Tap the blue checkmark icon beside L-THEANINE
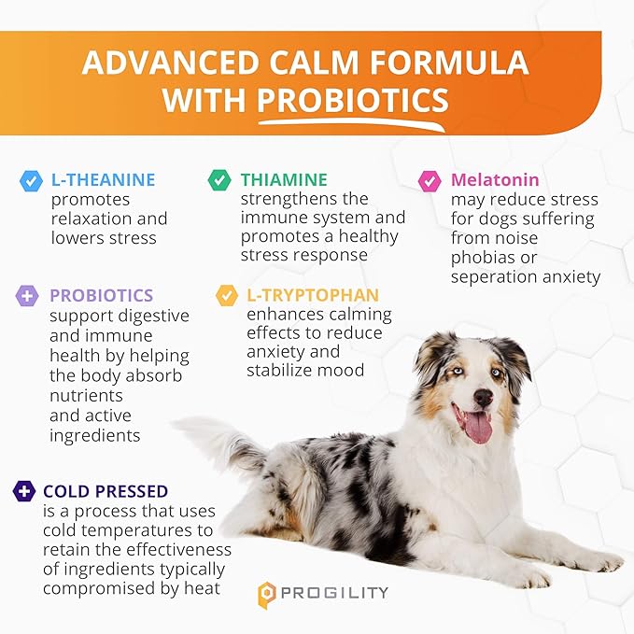click(x=32, y=180)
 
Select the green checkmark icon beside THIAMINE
click(x=220, y=179)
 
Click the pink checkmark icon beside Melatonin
click(x=430, y=180)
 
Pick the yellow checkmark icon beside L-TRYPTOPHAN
click(x=227, y=296)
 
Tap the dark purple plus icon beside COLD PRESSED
click(x=24, y=491)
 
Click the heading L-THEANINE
click(x=103, y=180)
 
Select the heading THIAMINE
click(x=284, y=179)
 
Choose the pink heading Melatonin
click(x=495, y=179)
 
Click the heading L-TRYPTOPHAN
click(x=305, y=295)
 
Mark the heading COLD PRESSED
click(x=106, y=491)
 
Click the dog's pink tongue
click(x=477, y=426)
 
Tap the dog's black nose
click(x=483, y=397)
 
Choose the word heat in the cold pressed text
click(x=202, y=588)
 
